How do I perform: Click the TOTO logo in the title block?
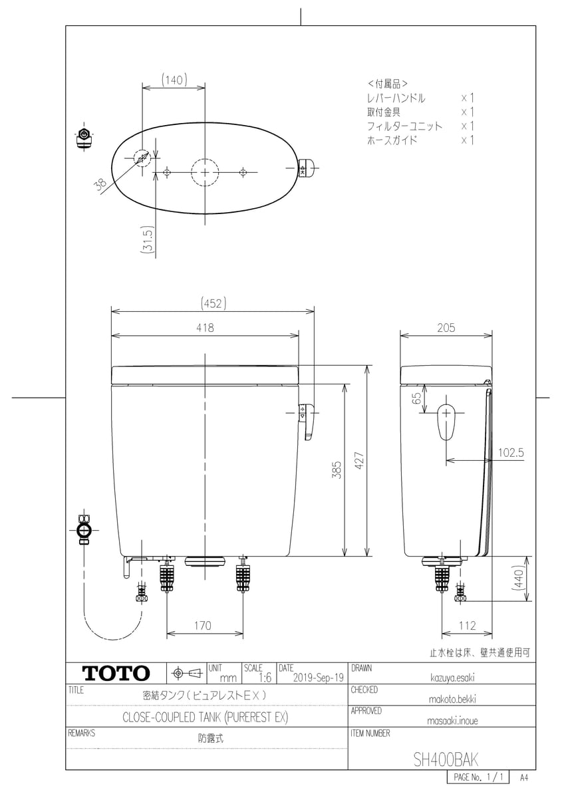[116, 673]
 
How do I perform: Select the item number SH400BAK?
[446, 759]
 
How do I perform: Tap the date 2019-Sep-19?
[318, 677]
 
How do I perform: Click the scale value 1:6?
[265, 677]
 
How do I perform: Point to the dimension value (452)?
[213, 303]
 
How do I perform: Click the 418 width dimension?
[206, 327]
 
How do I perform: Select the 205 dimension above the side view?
[446, 327]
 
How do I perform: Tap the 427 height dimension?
[359, 461]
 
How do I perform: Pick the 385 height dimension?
[337, 470]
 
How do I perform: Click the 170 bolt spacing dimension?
[203, 625]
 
